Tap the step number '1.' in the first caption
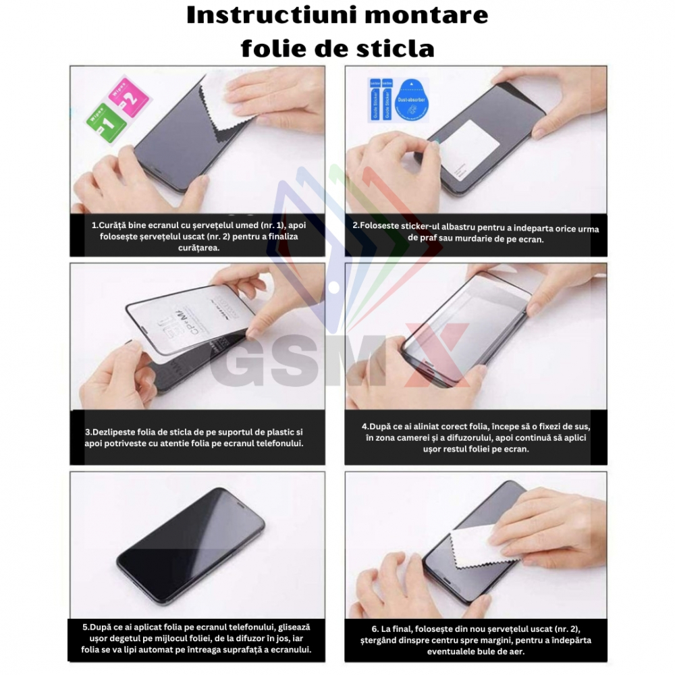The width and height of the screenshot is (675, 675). (95, 225)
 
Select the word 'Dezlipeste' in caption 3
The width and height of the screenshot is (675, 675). (115, 431)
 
